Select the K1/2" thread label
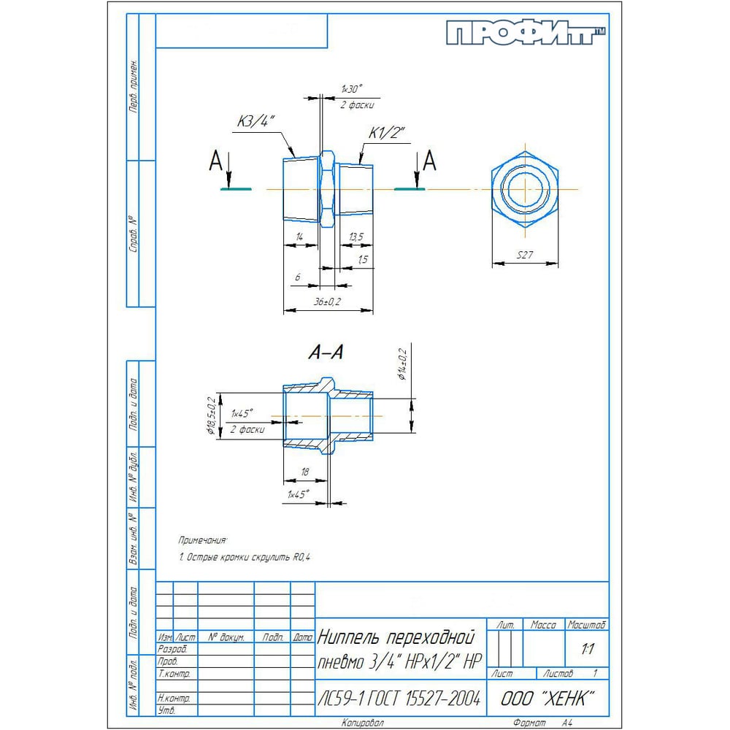click(x=386, y=132)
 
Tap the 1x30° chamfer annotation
click(x=351, y=88)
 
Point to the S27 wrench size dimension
click(x=525, y=255)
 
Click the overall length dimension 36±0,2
click(x=328, y=301)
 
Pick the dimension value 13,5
click(x=356, y=237)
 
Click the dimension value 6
click(x=298, y=278)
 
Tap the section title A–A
click(x=326, y=353)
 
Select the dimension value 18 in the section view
click(x=304, y=472)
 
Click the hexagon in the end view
click(x=524, y=188)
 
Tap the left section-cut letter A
click(x=215, y=161)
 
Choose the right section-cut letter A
click(x=431, y=160)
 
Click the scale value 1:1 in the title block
click(x=586, y=648)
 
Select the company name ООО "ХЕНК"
click(x=547, y=699)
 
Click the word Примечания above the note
click(x=203, y=540)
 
